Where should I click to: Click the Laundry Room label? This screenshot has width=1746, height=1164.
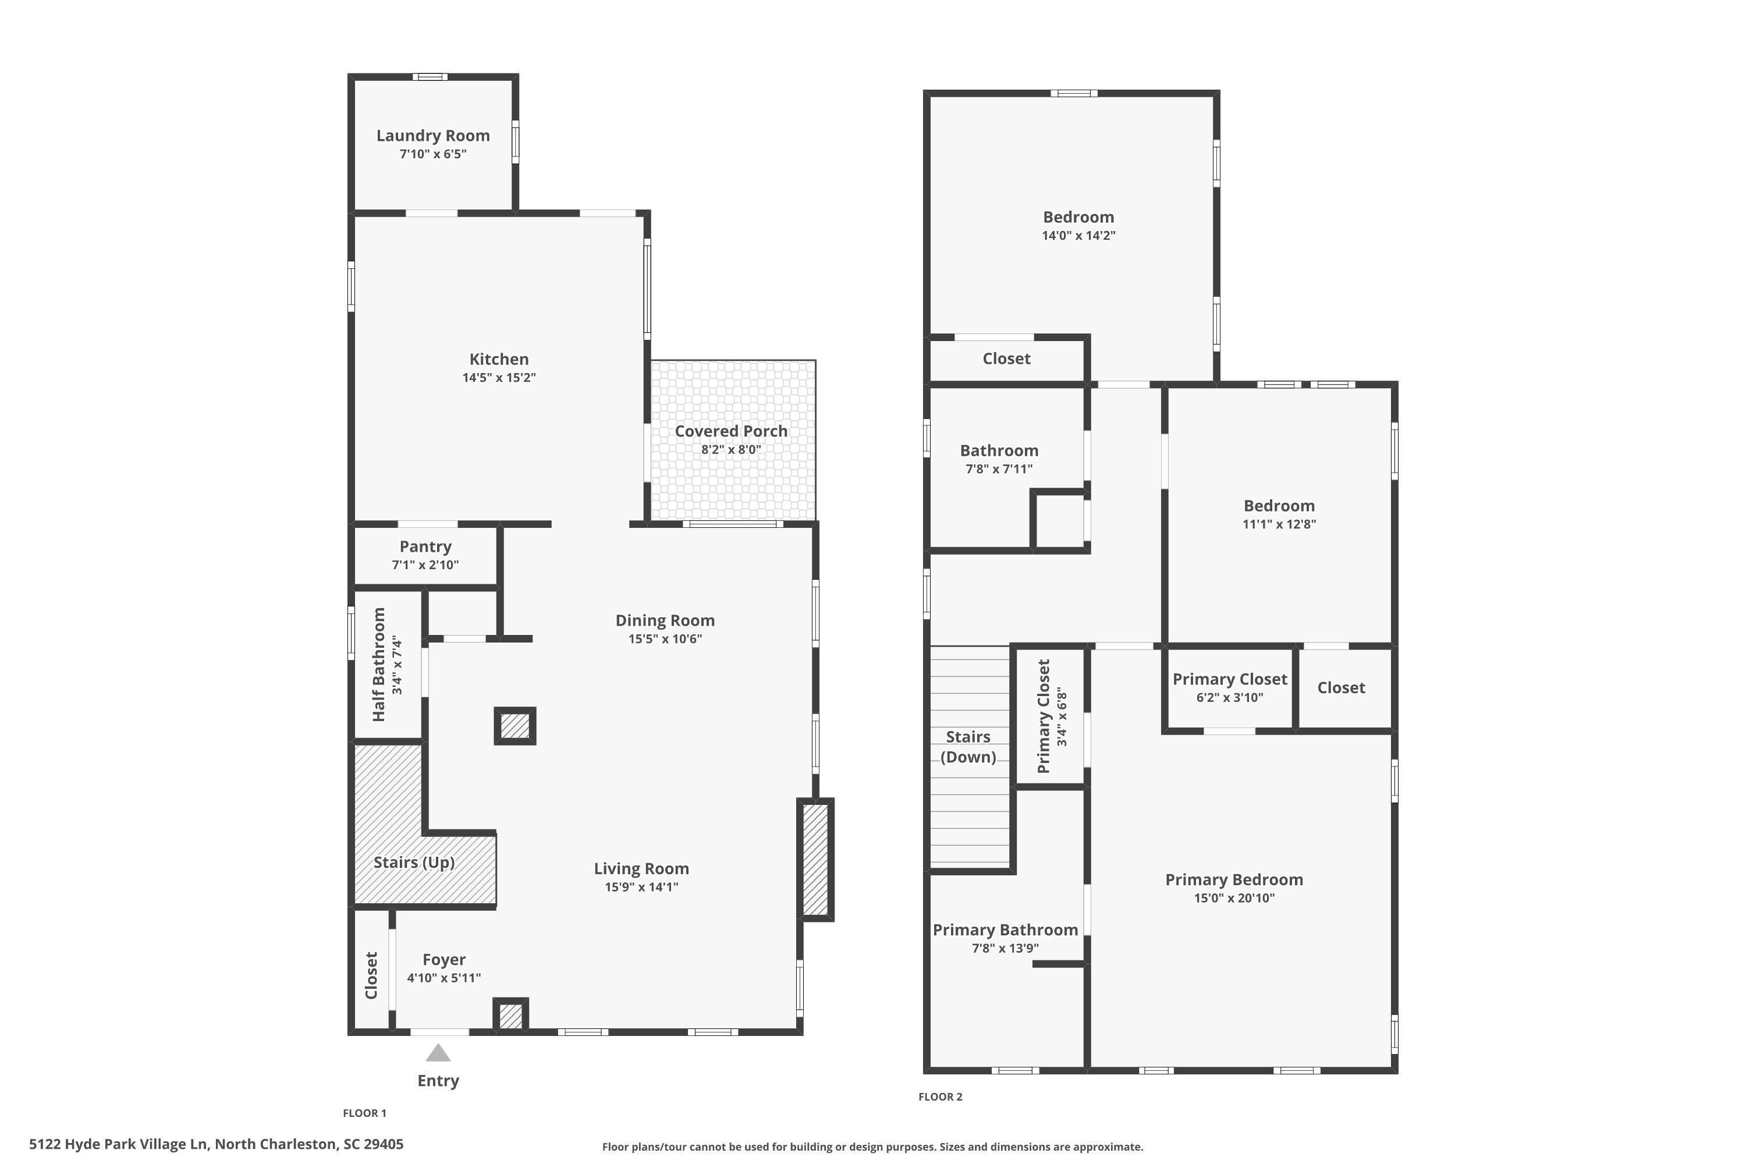[x=433, y=136]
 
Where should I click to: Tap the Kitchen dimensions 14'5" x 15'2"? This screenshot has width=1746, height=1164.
[x=499, y=378]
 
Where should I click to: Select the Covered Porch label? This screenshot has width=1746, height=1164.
[x=730, y=431]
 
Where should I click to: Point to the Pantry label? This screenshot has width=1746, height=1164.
[x=425, y=547]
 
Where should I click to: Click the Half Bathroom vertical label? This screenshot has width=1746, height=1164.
[x=379, y=665]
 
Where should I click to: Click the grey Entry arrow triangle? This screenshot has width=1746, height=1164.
[x=438, y=1053]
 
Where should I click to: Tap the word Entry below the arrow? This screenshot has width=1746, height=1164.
[x=438, y=1081]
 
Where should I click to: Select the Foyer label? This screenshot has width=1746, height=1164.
[x=444, y=960]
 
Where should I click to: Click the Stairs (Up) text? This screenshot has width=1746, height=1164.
[x=413, y=863]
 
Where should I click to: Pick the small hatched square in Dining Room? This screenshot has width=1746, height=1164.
[x=515, y=726]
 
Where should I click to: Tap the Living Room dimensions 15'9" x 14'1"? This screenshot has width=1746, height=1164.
[x=641, y=887]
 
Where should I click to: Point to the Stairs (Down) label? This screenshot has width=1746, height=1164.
[x=968, y=747]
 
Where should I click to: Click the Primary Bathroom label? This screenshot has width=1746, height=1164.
[x=1005, y=930]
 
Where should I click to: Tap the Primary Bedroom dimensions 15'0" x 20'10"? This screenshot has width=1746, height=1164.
[x=1234, y=898]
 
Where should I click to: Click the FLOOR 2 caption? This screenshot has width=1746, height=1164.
[x=940, y=1097]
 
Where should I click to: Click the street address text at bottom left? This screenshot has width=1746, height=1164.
[x=216, y=1144]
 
